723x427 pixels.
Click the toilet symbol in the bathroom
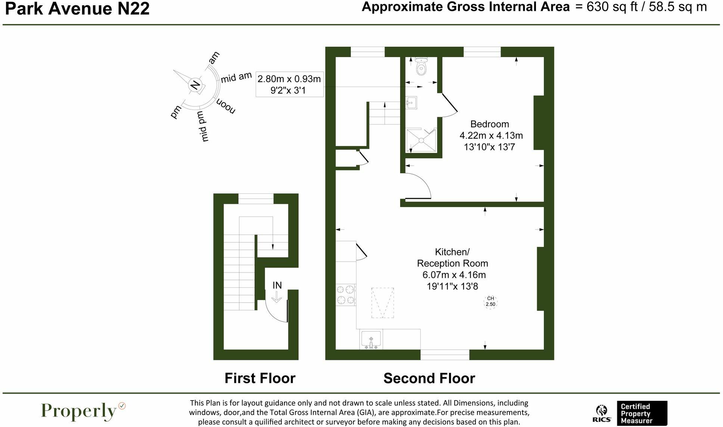click(x=421, y=66)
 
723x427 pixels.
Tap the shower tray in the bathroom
click(x=421, y=140)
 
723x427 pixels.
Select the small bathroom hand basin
click(x=411, y=102)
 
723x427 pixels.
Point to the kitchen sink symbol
click(x=371, y=339)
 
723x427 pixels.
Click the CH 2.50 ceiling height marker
click(x=490, y=301)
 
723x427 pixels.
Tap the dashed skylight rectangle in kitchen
click(x=383, y=303)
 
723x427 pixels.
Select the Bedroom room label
click(x=489, y=124)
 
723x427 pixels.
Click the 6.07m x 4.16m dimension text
click(x=454, y=275)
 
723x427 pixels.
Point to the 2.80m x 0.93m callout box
click(x=289, y=84)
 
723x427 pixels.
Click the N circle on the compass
click(x=195, y=85)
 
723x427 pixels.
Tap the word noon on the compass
click(x=226, y=107)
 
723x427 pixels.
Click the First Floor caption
click(x=260, y=378)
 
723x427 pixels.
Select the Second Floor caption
click(x=429, y=378)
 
